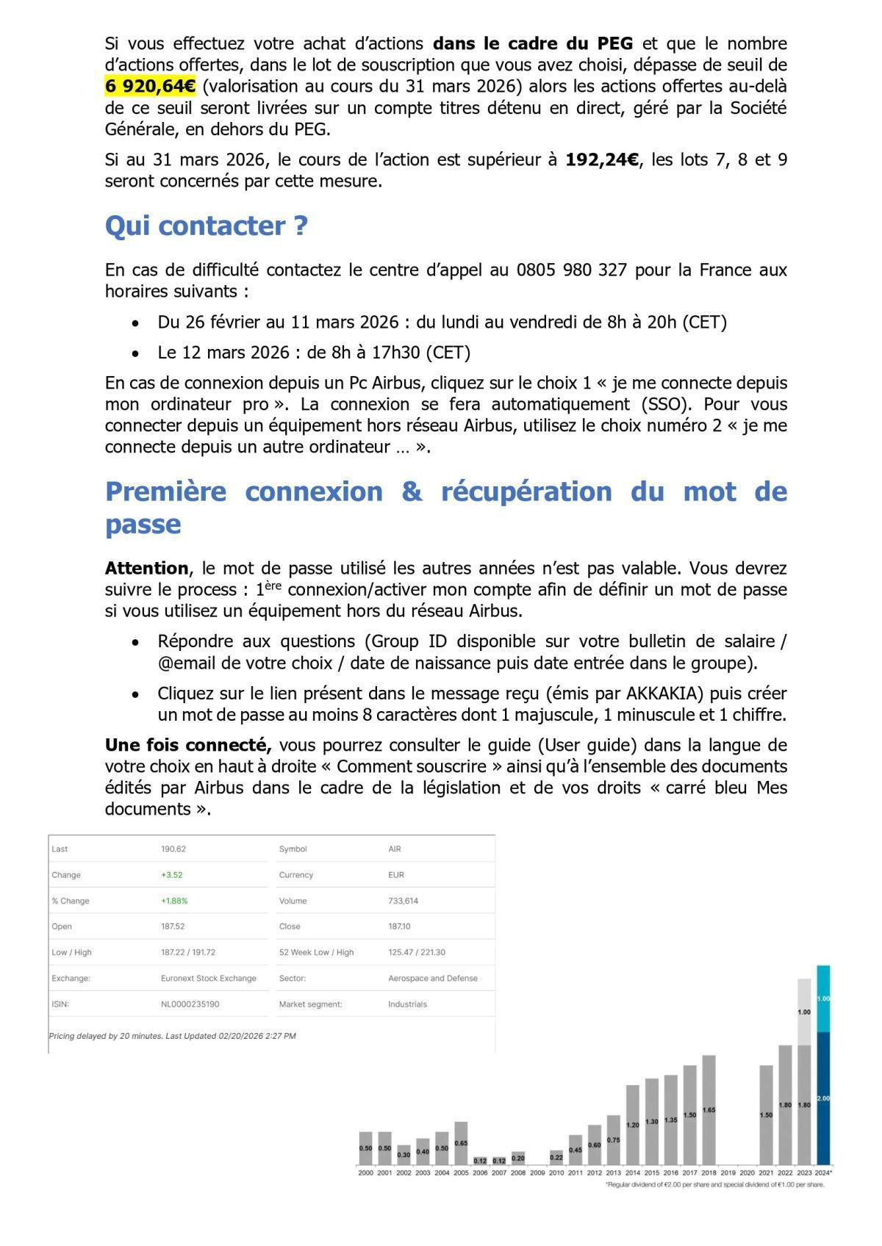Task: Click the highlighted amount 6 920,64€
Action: [150, 87]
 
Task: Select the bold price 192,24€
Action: [602, 159]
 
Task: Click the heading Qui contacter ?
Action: [207, 226]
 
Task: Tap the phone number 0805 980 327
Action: [571, 270]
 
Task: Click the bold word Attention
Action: [147, 568]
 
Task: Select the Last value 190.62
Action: [173, 849]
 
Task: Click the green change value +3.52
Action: [171, 875]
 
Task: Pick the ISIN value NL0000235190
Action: [190, 1004]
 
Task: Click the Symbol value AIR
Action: [395, 849]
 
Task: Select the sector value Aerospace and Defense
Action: [432, 978]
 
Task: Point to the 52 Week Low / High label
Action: [316, 952]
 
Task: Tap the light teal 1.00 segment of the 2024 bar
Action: [823, 998]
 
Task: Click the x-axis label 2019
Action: [728, 1173]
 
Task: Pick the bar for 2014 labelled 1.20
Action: [632, 1124]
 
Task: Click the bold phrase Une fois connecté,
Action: [188, 745]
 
